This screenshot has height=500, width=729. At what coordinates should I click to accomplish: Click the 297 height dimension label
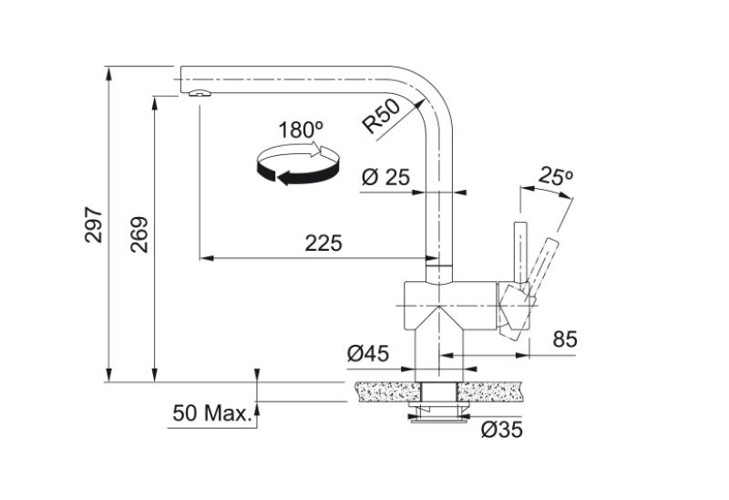click(93, 225)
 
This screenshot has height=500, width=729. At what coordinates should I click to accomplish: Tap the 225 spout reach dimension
click(323, 243)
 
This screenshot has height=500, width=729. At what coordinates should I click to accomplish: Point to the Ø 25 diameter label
click(385, 178)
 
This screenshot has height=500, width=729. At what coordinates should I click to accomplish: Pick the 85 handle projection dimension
click(565, 339)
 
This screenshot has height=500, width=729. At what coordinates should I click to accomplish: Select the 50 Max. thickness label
click(210, 413)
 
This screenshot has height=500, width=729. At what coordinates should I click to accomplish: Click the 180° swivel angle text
click(301, 130)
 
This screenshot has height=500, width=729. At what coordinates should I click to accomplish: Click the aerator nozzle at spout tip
click(198, 93)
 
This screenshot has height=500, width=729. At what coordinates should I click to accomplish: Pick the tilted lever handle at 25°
click(543, 265)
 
